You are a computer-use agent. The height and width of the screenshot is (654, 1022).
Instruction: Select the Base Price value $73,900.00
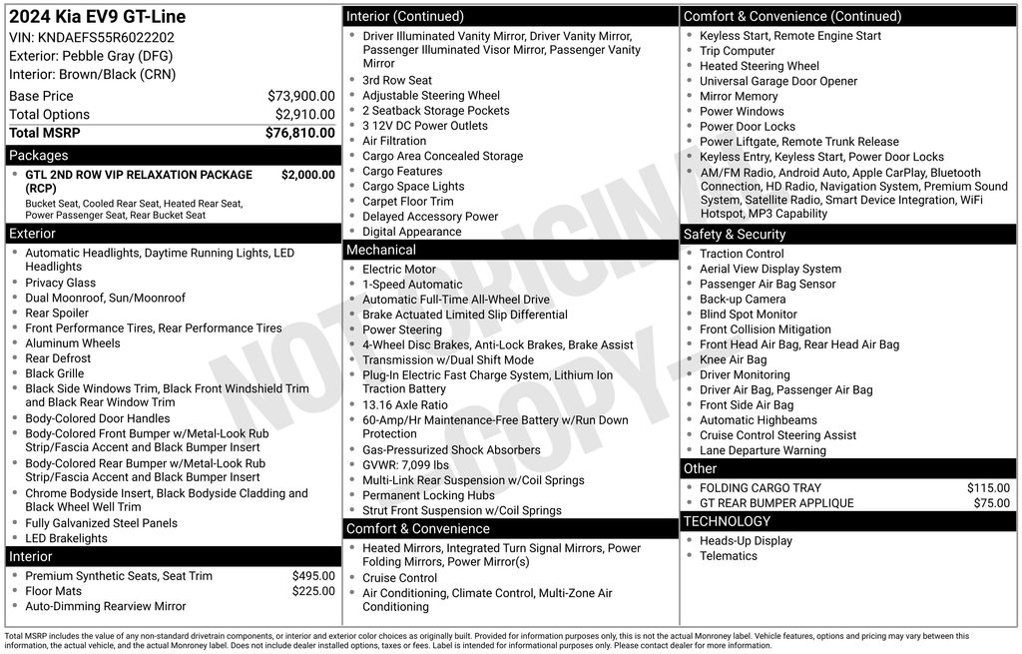click(300, 96)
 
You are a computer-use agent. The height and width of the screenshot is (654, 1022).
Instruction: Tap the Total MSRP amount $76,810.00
click(299, 133)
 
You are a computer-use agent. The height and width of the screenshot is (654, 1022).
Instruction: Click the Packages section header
click(39, 156)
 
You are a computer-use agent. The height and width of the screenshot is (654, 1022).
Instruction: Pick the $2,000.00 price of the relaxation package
click(307, 175)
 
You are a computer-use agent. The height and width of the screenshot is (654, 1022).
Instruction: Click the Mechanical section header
click(380, 250)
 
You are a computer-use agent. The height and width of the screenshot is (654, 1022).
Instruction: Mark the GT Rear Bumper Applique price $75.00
click(991, 503)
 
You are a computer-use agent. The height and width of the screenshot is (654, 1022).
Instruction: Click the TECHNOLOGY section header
click(727, 521)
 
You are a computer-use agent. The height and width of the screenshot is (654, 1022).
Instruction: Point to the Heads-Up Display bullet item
click(746, 541)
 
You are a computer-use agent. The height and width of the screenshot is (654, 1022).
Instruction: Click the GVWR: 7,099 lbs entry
click(405, 465)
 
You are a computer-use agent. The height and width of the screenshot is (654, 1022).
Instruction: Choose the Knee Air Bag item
click(733, 359)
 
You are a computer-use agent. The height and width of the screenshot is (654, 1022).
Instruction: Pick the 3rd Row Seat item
click(396, 81)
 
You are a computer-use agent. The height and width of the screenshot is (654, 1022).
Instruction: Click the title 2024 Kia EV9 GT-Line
click(97, 17)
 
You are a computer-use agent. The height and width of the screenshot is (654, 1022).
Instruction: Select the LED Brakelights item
click(66, 538)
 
